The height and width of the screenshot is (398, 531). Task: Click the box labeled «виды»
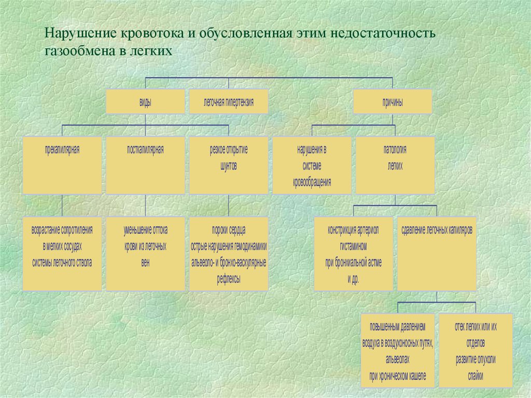(x=145, y=102)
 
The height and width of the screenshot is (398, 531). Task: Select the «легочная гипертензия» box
(x=228, y=102)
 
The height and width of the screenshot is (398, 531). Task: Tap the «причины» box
(x=393, y=102)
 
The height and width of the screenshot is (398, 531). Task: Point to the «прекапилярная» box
(x=62, y=165)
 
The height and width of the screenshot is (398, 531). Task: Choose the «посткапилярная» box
(x=145, y=165)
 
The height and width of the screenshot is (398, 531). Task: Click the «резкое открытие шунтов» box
(x=228, y=165)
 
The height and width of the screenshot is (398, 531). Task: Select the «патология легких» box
(x=395, y=165)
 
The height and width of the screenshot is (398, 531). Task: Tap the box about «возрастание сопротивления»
(x=62, y=253)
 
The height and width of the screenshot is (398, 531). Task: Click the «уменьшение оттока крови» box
(x=145, y=253)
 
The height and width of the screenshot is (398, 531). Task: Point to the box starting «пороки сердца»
(x=228, y=253)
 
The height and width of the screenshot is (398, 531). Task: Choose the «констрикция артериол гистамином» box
(x=353, y=253)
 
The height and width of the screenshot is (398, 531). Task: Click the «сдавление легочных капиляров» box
(x=436, y=253)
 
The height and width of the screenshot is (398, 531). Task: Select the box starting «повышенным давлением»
(x=398, y=350)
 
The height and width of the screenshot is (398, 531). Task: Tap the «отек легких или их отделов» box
(x=476, y=350)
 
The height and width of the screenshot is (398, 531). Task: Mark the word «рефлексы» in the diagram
(x=228, y=279)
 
